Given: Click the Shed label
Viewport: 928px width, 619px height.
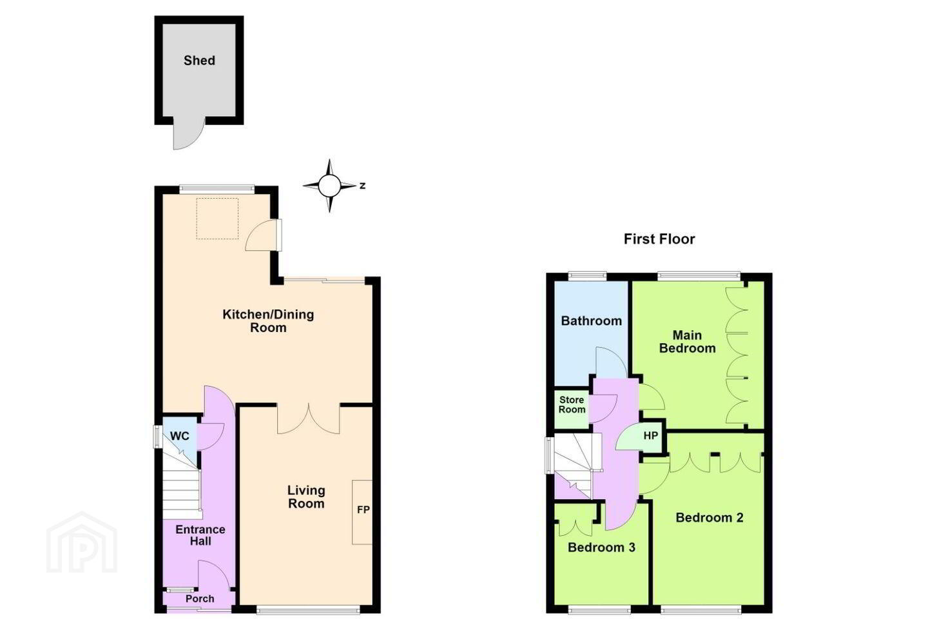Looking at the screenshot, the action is [199, 61].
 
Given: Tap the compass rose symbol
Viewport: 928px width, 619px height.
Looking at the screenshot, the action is [330, 186].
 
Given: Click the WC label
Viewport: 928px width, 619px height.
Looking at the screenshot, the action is [180, 436].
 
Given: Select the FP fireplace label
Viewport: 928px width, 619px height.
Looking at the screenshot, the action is [363, 509].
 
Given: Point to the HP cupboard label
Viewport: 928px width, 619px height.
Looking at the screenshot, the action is [651, 436].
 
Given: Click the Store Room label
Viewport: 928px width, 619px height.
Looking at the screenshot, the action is [572, 405].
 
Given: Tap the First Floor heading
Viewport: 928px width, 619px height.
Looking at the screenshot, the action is [659, 239].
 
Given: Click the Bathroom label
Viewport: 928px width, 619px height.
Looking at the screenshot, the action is [591, 320].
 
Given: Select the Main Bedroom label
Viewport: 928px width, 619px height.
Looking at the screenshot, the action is [687, 341].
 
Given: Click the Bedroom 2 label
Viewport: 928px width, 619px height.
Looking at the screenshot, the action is [710, 517].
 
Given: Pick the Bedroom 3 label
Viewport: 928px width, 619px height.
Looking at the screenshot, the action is [601, 547].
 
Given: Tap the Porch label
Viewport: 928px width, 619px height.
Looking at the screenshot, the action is [200, 598].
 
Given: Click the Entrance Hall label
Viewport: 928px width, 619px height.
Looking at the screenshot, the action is [200, 535].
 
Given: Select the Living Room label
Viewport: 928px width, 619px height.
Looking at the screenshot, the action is [306, 496].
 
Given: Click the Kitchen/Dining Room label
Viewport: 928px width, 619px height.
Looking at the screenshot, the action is [268, 321].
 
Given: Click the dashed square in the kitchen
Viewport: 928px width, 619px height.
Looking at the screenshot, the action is [217, 219].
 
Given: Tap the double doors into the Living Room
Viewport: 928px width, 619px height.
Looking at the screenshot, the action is [309, 418].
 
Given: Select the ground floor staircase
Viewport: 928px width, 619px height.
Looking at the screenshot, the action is [182, 485].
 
